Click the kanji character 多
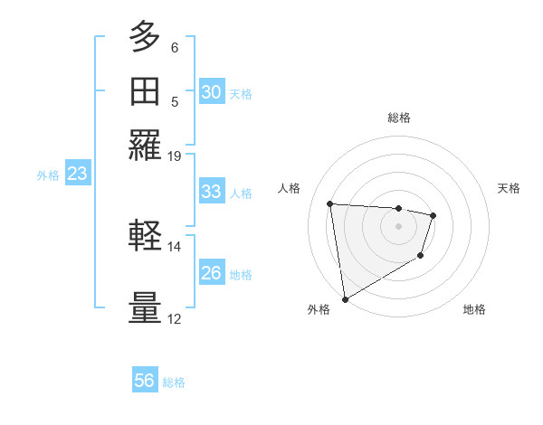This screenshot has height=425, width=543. click(145, 38)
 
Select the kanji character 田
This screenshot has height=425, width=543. click(145, 92)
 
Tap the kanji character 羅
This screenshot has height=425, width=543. click(145, 146)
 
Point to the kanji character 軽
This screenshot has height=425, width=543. click(145, 236)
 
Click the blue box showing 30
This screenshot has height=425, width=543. click(212, 92)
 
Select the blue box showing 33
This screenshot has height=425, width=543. click(212, 192)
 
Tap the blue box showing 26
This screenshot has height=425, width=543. click(212, 273)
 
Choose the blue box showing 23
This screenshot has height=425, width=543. click(77, 175)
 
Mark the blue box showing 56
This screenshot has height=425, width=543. click(145, 381)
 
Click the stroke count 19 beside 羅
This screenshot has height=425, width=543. click(174, 156)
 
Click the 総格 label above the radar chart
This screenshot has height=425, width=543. click(398, 118)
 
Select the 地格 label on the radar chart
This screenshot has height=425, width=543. click(474, 309)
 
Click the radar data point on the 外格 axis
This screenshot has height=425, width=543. click(344, 299)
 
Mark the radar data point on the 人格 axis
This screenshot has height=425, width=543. click(330, 203)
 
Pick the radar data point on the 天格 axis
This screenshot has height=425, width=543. click(433, 215)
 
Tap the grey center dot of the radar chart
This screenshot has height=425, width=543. click(398, 226)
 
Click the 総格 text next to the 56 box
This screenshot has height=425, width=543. click(175, 382)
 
